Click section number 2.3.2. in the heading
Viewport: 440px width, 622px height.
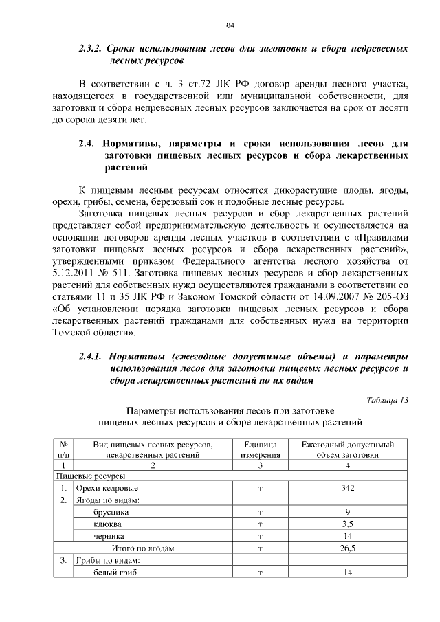(91, 49)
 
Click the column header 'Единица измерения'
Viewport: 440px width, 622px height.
(261, 449)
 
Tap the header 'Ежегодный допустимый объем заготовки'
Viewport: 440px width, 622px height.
(347, 449)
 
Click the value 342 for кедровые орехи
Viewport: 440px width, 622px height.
(347, 488)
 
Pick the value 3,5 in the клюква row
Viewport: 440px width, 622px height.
(347, 524)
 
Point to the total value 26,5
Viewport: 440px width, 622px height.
(347, 548)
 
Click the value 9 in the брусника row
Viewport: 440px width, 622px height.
(347, 512)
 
